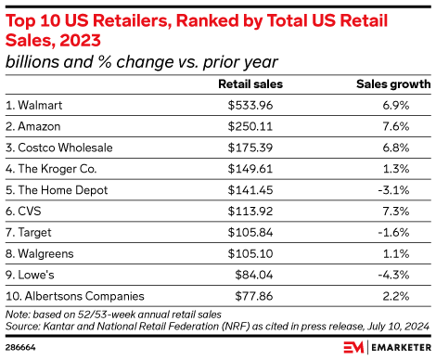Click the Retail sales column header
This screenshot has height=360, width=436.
coord(248,84)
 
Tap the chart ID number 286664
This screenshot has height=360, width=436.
coord(22,347)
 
